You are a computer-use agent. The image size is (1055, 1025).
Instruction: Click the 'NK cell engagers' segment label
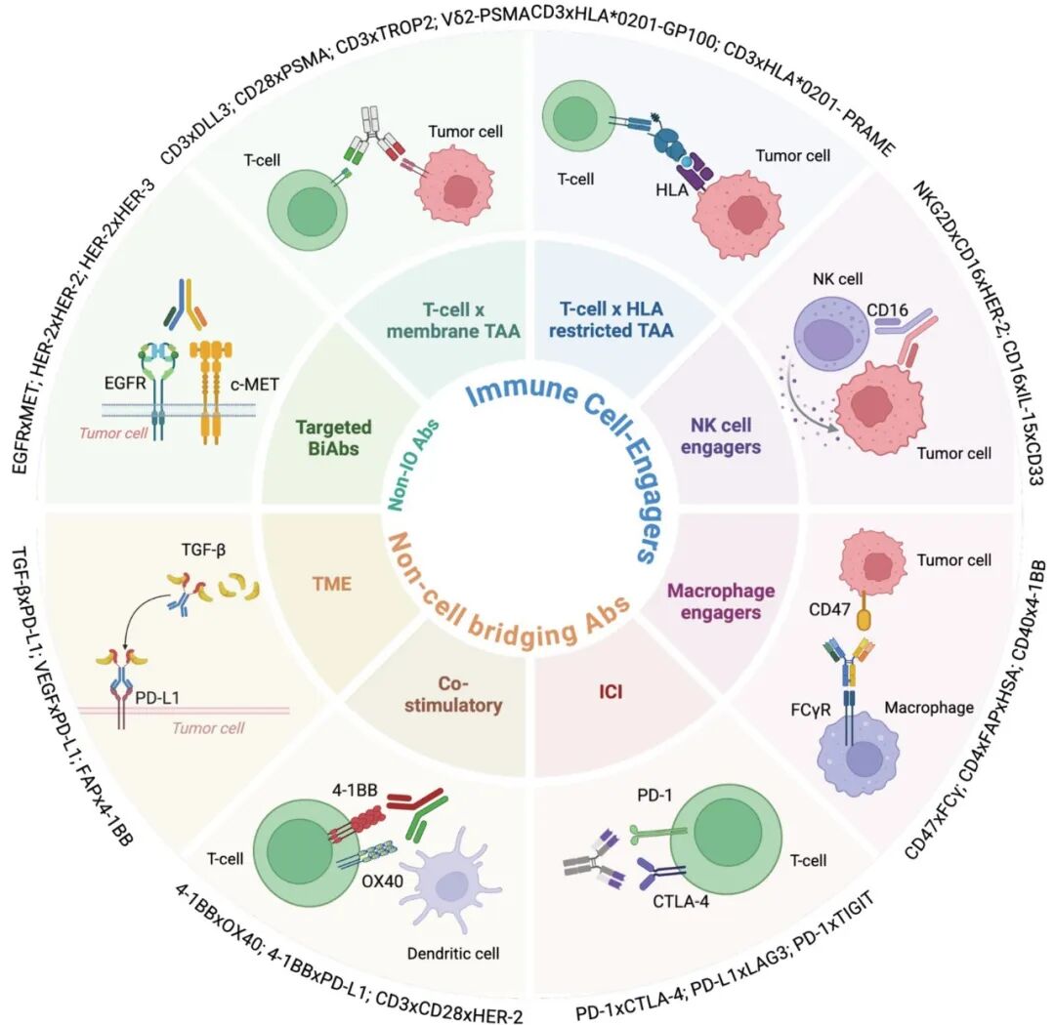721,435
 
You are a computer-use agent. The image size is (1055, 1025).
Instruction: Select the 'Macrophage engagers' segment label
721,601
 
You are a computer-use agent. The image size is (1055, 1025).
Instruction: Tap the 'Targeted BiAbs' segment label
334,437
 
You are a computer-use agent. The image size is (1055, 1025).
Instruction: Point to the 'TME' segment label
332,583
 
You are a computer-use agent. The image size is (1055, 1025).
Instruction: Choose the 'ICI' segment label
611,692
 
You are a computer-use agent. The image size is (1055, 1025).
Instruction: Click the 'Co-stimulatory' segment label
453,694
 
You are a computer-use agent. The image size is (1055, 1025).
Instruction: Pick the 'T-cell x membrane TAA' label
453,320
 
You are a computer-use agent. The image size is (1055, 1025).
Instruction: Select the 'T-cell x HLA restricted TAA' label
611,319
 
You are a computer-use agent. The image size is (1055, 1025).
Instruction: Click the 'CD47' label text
829,609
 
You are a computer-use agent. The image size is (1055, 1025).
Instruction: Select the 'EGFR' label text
125,384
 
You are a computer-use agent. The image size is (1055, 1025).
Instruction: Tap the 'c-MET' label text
254,385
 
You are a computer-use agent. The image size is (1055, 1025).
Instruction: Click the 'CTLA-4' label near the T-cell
681,901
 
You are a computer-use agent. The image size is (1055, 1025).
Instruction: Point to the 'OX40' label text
382,881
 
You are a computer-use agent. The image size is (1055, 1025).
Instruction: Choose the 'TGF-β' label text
203,551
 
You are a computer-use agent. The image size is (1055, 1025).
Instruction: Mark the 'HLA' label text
671,190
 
